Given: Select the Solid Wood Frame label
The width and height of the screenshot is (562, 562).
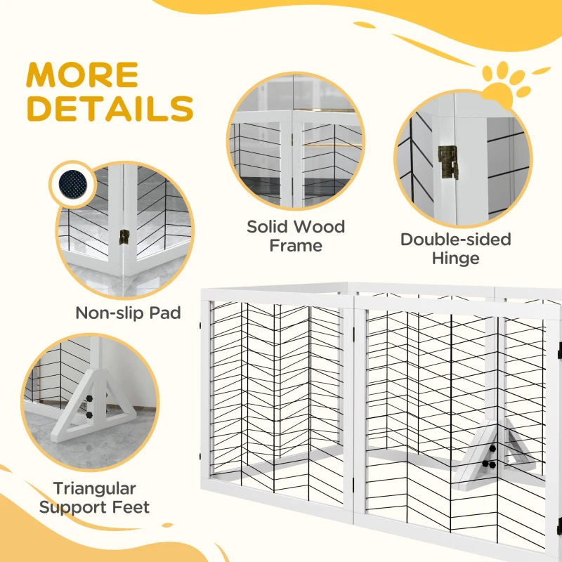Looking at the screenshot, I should pyautogui.click(x=295, y=236).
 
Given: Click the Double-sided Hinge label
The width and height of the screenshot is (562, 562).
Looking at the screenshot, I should pyautogui.click(x=455, y=249).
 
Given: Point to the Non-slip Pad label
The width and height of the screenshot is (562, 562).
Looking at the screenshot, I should pyautogui.click(x=128, y=313).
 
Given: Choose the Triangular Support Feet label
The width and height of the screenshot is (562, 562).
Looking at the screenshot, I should pyautogui.click(x=94, y=497).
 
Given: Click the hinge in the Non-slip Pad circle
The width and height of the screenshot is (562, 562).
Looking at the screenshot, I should pyautogui.click(x=125, y=237).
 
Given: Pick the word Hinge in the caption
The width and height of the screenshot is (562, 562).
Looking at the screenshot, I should pyautogui.click(x=455, y=258).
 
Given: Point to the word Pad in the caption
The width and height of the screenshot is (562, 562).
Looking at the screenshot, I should pyautogui.click(x=164, y=313).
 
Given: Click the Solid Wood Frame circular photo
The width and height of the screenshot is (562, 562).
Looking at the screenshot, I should pyautogui.click(x=295, y=152).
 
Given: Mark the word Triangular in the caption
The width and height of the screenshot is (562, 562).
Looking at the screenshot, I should pyautogui.click(x=94, y=488).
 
